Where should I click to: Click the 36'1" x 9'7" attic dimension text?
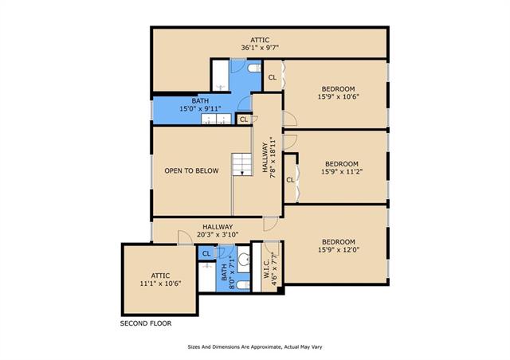[260, 48]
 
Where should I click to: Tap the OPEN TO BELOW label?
[191, 170]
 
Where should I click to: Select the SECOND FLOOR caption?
[146, 323]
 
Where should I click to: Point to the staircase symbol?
[242, 164]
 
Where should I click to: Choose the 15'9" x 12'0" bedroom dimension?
[339, 250]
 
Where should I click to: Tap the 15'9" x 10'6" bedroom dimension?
[339, 96]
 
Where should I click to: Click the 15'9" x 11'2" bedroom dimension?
[342, 171]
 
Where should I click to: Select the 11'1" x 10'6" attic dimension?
[160, 284]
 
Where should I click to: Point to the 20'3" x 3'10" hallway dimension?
[218, 234]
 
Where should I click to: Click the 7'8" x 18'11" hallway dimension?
[273, 158]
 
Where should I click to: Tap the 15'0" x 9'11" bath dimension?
[200, 108]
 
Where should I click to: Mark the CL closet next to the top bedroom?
[273, 77]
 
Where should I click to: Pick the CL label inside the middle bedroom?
[290, 180]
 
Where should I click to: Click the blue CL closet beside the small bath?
[206, 253]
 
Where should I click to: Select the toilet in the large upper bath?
[254, 68]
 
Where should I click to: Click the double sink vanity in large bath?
[216, 119]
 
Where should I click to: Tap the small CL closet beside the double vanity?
[244, 119]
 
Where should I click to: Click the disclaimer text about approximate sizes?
[255, 347]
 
